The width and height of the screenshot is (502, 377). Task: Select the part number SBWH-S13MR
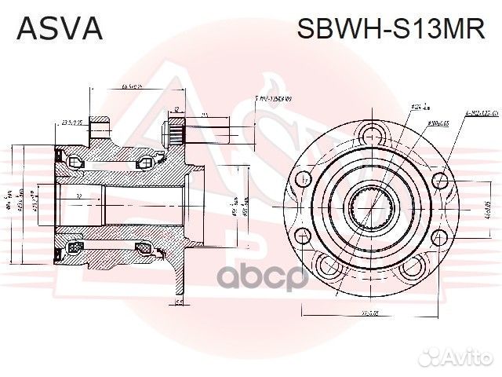tap(390, 28)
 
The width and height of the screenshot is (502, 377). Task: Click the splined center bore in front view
tap(371, 210)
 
